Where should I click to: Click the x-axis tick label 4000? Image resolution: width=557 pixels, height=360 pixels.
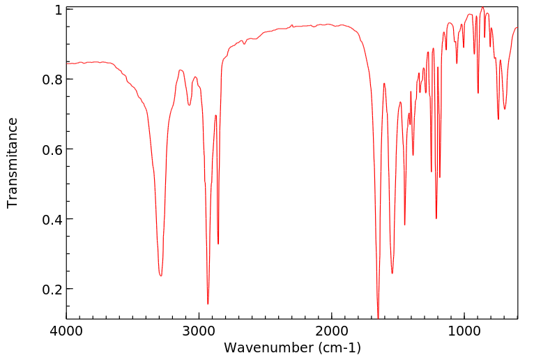(67, 331)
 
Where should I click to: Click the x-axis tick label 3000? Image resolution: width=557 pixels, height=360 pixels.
(199, 331)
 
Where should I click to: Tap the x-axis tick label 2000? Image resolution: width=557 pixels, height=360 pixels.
(332, 331)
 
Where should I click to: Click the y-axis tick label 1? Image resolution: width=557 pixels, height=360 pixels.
(59, 10)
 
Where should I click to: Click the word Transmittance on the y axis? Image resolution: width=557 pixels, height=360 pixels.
(13, 163)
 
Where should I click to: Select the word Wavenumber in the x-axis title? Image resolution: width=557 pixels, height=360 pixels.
(266, 347)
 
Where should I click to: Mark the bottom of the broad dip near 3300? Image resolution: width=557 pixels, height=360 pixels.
(160, 276)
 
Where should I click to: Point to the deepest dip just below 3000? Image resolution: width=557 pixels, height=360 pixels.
(208, 303)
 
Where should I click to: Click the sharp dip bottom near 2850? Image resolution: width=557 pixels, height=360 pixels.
(218, 243)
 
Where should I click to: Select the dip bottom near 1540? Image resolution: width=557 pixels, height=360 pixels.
(392, 273)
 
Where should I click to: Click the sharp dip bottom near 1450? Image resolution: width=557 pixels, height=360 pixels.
(404, 225)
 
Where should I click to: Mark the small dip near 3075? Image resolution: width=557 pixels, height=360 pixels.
(189, 105)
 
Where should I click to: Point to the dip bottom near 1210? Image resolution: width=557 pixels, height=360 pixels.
(436, 218)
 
